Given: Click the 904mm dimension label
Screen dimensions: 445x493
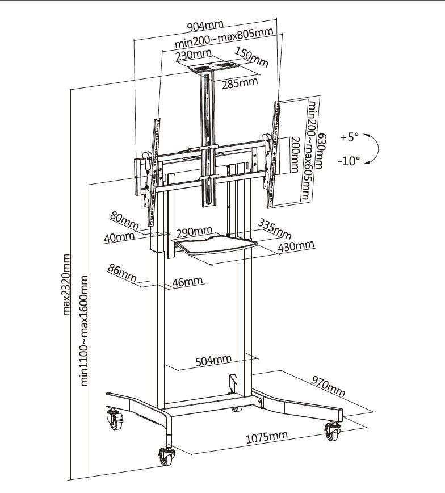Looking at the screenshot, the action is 205,26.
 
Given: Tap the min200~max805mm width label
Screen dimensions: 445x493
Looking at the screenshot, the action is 224,37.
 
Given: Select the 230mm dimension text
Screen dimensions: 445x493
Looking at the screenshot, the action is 194,55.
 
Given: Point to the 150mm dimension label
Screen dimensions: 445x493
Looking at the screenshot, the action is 252,57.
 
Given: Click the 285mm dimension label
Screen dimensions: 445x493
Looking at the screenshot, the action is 240,83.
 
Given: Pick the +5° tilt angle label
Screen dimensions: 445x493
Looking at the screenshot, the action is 349,137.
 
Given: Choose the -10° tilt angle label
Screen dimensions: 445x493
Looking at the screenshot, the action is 348,161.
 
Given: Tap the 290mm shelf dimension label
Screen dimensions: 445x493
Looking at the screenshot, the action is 194,232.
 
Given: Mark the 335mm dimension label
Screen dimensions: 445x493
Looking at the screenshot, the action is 274,228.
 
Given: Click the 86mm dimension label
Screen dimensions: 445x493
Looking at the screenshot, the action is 122,273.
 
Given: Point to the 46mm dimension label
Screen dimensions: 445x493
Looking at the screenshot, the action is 187,282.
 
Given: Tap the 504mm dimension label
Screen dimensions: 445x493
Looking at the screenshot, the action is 213,360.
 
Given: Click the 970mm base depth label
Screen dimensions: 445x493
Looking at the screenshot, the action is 329,386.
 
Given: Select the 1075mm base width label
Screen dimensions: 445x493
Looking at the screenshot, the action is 266,437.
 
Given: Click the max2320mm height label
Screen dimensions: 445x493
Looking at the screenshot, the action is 66,285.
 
